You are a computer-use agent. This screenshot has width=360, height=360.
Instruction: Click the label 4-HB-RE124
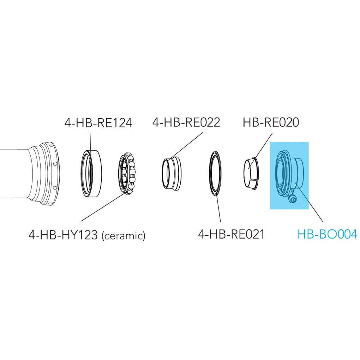(98, 123)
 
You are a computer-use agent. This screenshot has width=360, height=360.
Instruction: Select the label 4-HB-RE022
(186, 122)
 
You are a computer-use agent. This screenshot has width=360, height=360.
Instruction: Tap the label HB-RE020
(271, 122)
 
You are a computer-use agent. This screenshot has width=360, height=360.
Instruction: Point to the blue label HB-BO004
(328, 234)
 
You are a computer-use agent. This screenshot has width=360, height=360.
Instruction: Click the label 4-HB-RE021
(232, 234)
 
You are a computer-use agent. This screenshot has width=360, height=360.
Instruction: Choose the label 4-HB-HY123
(63, 235)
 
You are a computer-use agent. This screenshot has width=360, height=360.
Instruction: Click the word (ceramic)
(124, 236)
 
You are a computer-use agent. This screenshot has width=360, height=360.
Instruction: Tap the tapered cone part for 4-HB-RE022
(171, 173)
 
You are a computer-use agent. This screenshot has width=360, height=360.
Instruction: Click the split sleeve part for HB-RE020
(251, 173)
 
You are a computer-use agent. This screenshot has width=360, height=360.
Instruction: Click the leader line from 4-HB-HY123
(103, 207)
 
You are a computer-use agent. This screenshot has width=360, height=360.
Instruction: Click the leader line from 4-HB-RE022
(187, 145)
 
